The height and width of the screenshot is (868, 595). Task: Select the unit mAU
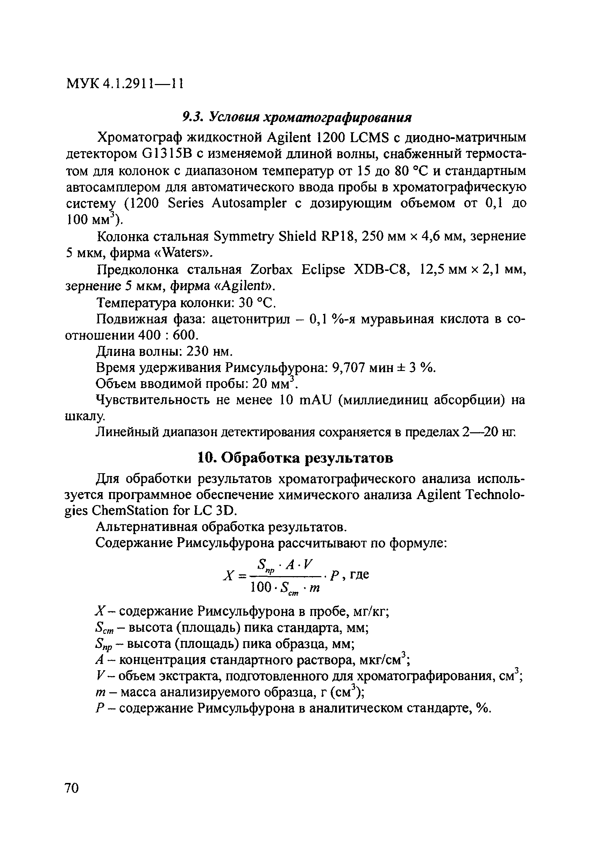(316, 400)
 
